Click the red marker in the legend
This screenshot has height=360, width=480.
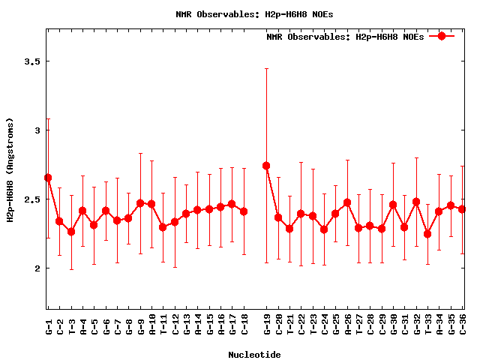442,36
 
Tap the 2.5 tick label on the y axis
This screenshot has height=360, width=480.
31,199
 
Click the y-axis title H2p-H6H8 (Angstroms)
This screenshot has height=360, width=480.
10,169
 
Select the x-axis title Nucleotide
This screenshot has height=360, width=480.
255,355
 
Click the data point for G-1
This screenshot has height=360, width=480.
48,178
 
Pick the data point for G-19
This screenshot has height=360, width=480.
266,166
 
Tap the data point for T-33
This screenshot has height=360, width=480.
427,234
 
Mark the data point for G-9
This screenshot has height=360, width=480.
140,203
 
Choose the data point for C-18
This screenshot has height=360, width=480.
244,211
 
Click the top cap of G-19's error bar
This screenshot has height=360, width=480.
266,69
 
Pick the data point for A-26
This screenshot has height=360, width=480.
347,202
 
